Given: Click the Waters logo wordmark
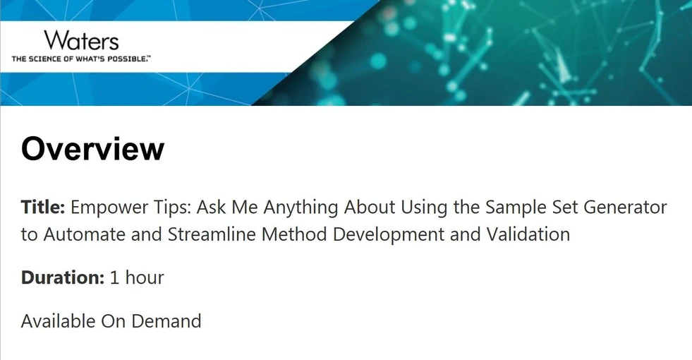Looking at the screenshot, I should coord(80,40).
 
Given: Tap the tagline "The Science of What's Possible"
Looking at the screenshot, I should coord(80,59).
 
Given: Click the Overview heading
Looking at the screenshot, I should coord(92,149).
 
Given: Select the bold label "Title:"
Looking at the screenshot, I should coord(43,208).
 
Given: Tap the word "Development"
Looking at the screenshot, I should coord(388,234).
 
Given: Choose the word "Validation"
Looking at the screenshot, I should coord(528,234).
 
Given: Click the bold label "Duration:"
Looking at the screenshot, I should coord(63,278).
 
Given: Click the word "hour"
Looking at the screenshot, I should coord(145,278).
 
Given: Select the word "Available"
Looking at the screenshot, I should coord(58,321).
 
